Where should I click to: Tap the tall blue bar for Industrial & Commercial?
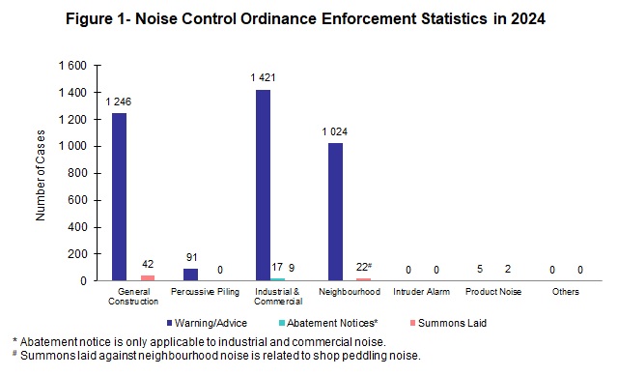263,185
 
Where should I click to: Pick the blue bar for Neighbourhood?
334,212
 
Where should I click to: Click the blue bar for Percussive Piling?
190,274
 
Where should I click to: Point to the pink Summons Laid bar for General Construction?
148,277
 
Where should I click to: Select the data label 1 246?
119,102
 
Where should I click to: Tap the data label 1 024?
334,132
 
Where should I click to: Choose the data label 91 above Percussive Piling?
190,258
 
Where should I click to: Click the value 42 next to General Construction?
148,264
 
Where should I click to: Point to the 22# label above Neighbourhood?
364,267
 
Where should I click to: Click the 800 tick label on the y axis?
78,173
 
